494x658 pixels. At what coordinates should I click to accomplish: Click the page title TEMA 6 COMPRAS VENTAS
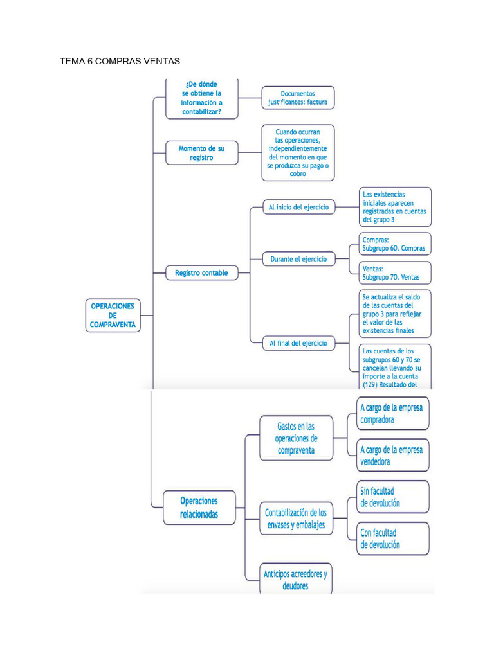[x=120, y=61]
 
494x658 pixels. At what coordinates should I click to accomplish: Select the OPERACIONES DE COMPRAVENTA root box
[x=113, y=315]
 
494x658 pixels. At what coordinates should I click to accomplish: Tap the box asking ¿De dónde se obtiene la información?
[x=202, y=98]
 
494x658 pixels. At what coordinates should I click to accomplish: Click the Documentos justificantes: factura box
[x=298, y=98]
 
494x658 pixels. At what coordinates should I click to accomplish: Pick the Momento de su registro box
[x=202, y=153]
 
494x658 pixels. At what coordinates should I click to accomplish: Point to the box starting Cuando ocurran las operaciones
[x=298, y=153]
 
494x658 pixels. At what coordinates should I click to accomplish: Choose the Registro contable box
[x=202, y=272]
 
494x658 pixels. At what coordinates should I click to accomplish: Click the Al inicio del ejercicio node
[x=298, y=207]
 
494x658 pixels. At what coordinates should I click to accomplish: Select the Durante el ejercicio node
[x=298, y=259]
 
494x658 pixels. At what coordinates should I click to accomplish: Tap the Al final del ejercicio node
[x=298, y=343]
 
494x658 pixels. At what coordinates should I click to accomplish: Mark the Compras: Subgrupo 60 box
[x=395, y=244]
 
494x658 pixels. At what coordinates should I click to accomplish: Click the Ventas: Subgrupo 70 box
[x=395, y=272]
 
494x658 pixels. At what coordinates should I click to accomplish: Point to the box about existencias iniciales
[x=395, y=207]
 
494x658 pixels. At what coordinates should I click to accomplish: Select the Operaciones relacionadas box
[x=199, y=508]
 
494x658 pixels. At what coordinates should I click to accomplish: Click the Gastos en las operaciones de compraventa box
[x=296, y=438]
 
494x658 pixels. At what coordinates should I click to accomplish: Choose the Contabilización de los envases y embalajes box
[x=296, y=519]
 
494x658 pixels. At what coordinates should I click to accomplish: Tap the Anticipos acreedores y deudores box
[x=296, y=579]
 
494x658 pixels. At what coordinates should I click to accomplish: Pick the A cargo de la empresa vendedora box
[x=393, y=456]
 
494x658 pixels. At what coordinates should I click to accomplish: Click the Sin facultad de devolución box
[x=393, y=497]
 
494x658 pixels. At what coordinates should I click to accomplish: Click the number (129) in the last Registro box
[x=370, y=385]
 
